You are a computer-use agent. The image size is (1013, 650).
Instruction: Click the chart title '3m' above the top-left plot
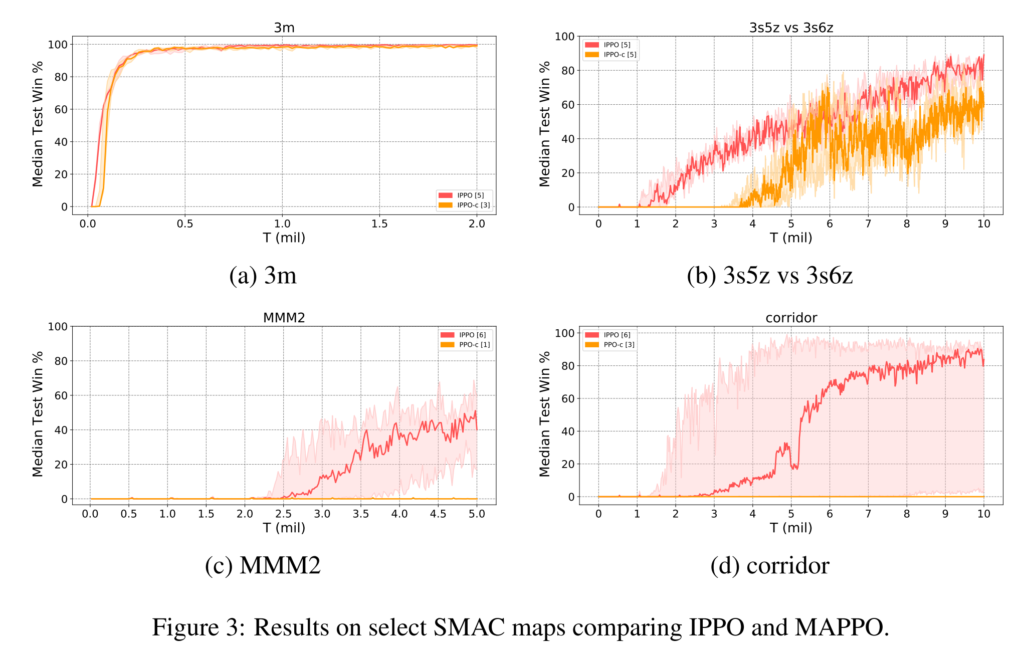(x=284, y=28)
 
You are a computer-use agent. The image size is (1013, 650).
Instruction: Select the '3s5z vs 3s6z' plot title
(x=791, y=28)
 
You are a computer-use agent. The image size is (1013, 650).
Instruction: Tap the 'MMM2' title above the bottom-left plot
(x=284, y=318)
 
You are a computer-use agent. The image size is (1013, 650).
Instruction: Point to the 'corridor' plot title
(x=791, y=318)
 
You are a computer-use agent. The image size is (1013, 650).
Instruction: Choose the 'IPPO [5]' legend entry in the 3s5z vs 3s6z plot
(x=617, y=45)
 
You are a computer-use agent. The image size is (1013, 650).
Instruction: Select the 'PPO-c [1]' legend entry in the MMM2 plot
(x=474, y=345)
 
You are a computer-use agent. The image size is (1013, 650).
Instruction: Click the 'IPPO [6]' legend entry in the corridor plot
(x=617, y=335)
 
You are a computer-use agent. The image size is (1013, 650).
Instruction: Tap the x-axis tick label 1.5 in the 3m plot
(x=379, y=224)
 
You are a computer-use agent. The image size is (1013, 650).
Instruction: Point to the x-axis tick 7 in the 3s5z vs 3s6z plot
(x=868, y=224)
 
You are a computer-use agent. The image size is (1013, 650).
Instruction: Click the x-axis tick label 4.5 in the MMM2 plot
(x=438, y=514)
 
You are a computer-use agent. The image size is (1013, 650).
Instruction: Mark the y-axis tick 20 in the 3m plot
(x=61, y=174)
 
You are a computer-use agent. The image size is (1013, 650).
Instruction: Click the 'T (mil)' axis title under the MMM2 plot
(x=284, y=528)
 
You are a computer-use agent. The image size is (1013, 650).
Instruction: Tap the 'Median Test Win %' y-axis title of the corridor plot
(x=545, y=413)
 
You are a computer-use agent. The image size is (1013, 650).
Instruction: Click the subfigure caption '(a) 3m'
(x=263, y=276)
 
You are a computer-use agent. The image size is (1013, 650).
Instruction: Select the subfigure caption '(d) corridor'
(x=770, y=566)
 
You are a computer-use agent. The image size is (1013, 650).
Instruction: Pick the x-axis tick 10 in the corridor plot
(x=983, y=514)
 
